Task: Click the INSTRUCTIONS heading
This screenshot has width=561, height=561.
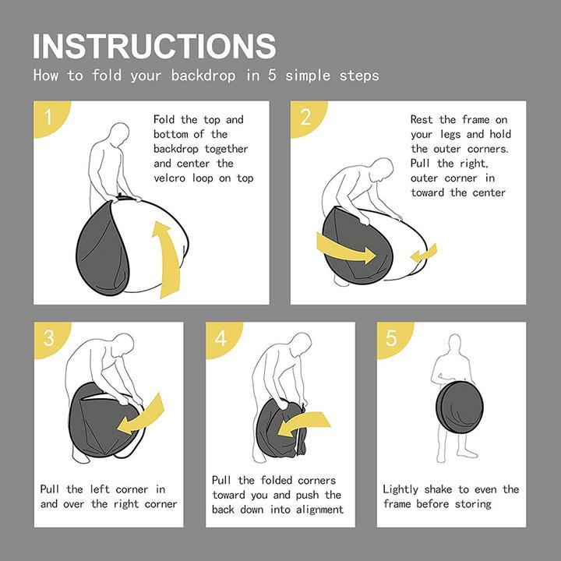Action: [154, 46]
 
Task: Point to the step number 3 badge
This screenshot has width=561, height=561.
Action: [51, 338]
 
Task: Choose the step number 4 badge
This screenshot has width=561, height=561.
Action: [222, 338]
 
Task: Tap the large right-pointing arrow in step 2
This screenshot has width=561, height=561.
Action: [345, 248]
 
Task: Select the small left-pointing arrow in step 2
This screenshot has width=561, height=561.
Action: [424, 253]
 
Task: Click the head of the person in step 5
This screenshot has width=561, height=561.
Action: [454, 344]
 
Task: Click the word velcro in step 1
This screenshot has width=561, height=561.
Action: [170, 178]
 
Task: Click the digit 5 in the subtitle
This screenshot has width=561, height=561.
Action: [272, 75]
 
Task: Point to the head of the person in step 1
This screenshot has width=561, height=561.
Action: [120, 135]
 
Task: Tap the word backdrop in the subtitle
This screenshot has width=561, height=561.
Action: [203, 75]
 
